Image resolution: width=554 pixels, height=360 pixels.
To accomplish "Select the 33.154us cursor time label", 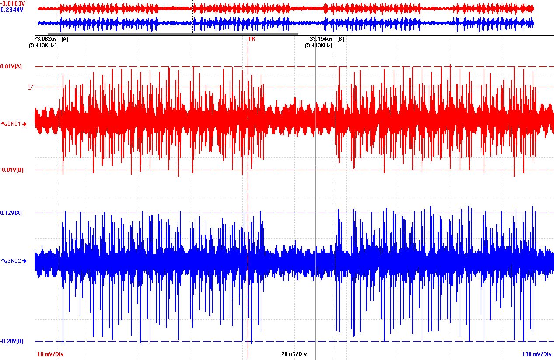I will pyautogui.click(x=321, y=39).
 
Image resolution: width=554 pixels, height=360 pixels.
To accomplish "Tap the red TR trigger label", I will pyautogui.click(x=251, y=39).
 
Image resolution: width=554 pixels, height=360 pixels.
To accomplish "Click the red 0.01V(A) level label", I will pyautogui.click(x=11, y=66).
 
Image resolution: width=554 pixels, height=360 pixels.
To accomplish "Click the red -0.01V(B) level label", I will pyautogui.click(x=12, y=170).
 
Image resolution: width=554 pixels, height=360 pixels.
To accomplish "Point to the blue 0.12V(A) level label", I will pyautogui.click(x=11, y=213).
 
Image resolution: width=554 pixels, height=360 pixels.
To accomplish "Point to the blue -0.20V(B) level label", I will pyautogui.click(x=12, y=341).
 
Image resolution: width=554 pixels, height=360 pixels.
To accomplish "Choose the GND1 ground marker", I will pyautogui.click(x=14, y=124).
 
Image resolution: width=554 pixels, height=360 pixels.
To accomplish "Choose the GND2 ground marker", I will pyautogui.click(x=14, y=261).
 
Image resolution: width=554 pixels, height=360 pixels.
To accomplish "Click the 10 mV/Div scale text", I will pyautogui.click(x=53, y=354).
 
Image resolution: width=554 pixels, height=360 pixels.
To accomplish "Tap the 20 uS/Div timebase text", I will pyautogui.click(x=294, y=354).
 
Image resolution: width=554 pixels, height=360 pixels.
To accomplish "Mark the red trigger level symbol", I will pyautogui.click(x=31, y=87).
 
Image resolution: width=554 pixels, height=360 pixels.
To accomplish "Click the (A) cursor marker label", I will pyautogui.click(x=65, y=39).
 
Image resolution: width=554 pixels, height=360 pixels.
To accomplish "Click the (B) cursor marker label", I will pyautogui.click(x=341, y=39).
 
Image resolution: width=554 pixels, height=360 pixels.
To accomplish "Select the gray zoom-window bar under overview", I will pyautogui.click(x=173, y=34).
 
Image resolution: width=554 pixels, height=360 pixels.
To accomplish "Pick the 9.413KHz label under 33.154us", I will pyautogui.click(x=320, y=45).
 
